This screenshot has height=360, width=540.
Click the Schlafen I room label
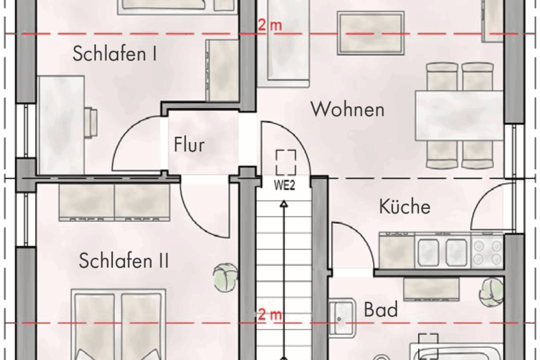point(115,54)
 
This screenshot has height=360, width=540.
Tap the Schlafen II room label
point(124,262)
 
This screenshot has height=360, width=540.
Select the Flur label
point(189,145)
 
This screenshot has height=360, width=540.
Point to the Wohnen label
point(347,110)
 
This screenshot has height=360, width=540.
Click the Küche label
point(404,207)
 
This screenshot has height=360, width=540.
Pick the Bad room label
point(381,310)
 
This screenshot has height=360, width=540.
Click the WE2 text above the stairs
point(285,185)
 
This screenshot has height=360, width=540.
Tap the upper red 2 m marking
point(269,25)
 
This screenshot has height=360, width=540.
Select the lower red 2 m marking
point(269,314)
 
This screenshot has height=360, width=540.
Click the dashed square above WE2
point(286,161)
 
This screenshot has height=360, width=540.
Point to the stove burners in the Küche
point(487,252)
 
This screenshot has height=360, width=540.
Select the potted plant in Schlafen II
point(224,277)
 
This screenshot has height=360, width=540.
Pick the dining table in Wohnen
point(459,115)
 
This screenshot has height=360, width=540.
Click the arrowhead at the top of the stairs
point(284,205)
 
